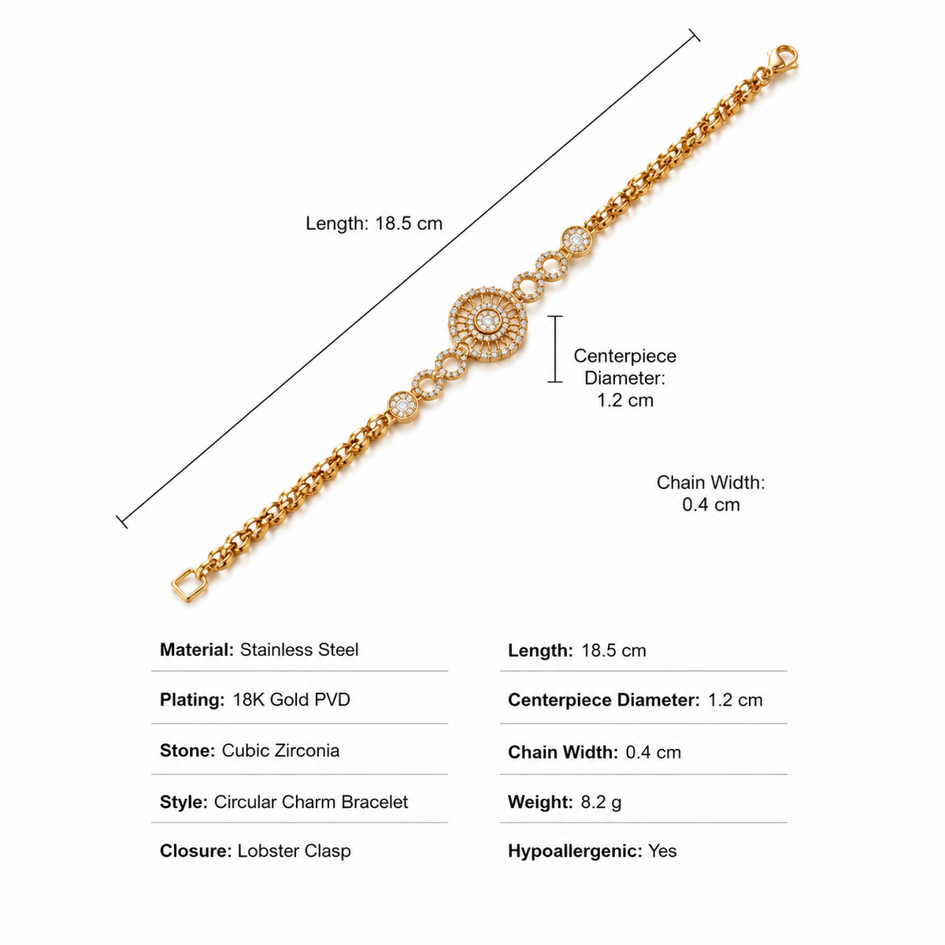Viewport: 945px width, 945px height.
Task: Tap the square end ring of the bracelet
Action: (x=189, y=585)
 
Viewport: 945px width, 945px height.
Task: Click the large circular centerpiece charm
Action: (x=488, y=322)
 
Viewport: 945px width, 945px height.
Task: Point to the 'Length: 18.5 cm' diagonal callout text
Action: (x=374, y=224)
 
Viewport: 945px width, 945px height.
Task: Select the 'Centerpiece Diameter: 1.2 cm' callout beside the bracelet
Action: (x=624, y=378)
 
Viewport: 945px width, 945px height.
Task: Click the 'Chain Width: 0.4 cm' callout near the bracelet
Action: (x=710, y=493)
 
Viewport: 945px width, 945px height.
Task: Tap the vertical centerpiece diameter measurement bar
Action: (x=555, y=349)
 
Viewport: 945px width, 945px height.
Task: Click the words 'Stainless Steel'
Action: (x=299, y=650)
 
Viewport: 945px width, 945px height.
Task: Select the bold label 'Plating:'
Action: (x=192, y=700)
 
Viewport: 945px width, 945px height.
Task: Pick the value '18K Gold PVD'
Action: (x=291, y=700)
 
